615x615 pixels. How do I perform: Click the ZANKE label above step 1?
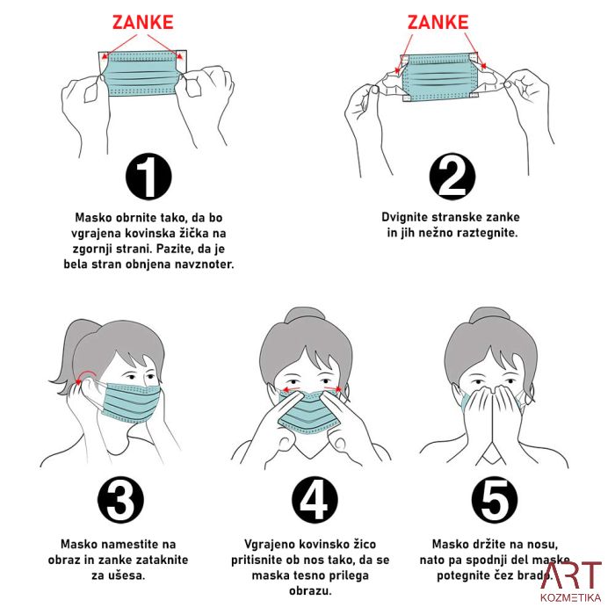tap(143, 22)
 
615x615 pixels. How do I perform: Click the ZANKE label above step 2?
tap(438, 22)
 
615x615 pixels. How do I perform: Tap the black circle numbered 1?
tap(148, 177)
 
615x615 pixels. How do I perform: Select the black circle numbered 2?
tap(452, 177)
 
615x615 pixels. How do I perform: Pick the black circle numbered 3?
tap(121, 500)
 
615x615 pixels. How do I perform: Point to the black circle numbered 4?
tap(315, 500)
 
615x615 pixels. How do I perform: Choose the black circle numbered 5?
tap(494, 500)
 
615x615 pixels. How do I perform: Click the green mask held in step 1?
tap(143, 74)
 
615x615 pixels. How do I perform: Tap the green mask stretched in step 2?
tap(438, 77)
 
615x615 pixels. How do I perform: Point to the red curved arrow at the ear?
tap(85, 375)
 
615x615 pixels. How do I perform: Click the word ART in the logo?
tap(571, 575)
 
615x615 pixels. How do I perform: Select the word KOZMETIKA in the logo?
tap(571, 597)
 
